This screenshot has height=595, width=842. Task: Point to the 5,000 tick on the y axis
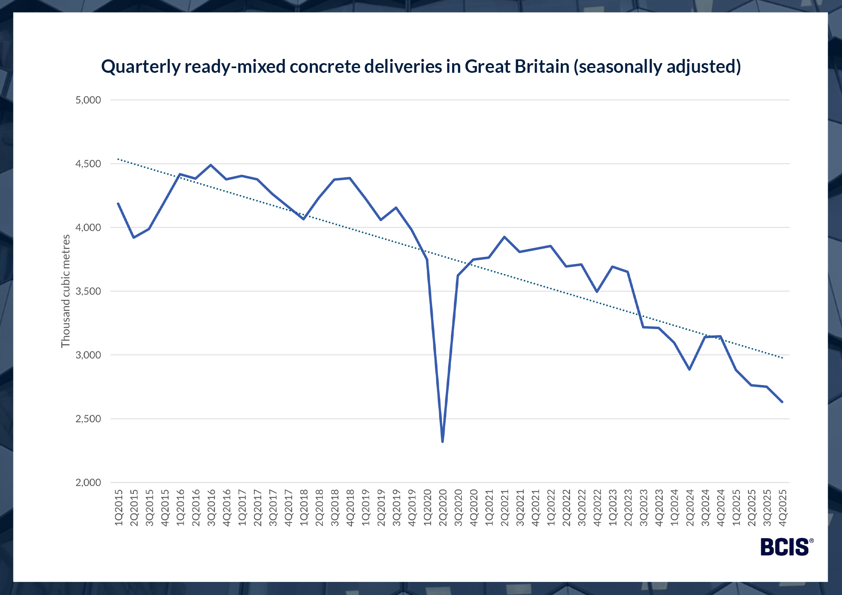coord(88,100)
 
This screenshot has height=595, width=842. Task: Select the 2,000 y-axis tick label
coord(88,483)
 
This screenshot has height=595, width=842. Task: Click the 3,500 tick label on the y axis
coord(88,291)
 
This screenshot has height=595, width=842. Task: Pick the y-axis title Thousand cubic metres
coord(66,291)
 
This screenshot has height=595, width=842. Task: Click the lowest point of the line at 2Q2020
coord(442,441)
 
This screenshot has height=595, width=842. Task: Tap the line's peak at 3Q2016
coord(211,165)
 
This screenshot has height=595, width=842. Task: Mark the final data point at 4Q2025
coord(782,402)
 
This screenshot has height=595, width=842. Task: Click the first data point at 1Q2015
coord(118,204)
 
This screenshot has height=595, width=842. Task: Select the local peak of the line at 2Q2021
coord(504,237)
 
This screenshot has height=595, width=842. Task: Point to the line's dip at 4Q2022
coord(597,292)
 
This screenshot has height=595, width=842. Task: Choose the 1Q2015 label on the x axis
coord(119,507)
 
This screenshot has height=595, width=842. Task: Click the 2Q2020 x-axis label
coord(443,507)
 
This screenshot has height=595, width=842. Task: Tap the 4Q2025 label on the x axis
coord(783,507)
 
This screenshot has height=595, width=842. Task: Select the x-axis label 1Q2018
coord(304,507)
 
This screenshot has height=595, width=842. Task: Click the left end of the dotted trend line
coord(118,159)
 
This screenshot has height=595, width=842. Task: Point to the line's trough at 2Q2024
coord(690,369)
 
